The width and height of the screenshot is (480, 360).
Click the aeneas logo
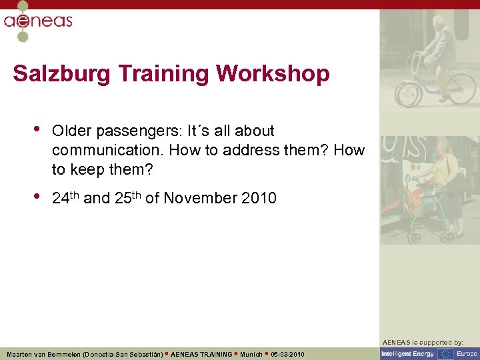click(x=37, y=21)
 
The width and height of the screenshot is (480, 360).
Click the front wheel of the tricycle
click(x=408, y=94)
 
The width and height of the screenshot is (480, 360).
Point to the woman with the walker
click(x=445, y=187)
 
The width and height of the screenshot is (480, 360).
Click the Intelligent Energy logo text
click(x=408, y=354)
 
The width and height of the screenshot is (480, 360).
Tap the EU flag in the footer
click(x=445, y=354)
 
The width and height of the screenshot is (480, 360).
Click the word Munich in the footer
click(x=251, y=354)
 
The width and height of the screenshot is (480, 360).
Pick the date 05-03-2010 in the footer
click(x=288, y=354)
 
